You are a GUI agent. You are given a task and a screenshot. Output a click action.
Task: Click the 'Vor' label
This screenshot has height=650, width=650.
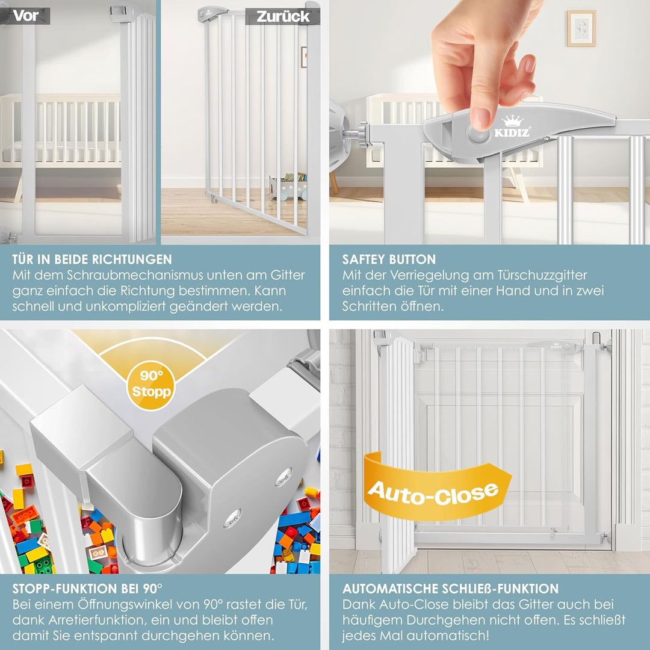(26, 16)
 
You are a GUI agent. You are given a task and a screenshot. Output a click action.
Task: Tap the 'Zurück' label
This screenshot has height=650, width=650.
(283, 17)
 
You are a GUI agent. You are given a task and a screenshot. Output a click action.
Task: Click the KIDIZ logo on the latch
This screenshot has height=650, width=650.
(512, 127)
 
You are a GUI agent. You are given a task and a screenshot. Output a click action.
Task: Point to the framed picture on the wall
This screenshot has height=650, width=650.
(581, 28)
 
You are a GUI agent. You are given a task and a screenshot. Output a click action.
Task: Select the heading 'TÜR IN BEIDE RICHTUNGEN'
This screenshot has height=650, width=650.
(92, 259)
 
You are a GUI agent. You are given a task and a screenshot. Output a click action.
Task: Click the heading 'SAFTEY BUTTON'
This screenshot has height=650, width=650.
(389, 259)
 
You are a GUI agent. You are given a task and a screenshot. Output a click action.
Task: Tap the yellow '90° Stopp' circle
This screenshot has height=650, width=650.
(151, 385)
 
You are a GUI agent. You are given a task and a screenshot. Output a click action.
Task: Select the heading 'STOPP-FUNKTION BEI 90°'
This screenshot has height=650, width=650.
(87, 589)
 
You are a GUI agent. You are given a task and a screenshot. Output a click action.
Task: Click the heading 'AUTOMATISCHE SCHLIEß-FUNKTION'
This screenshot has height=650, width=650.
(451, 589)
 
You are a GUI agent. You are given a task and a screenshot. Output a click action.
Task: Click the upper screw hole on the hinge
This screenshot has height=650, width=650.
(284, 476)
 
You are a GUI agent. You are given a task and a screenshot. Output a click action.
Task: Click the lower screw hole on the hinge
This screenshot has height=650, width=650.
(232, 518)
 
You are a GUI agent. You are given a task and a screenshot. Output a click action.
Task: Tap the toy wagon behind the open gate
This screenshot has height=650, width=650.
(288, 187)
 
